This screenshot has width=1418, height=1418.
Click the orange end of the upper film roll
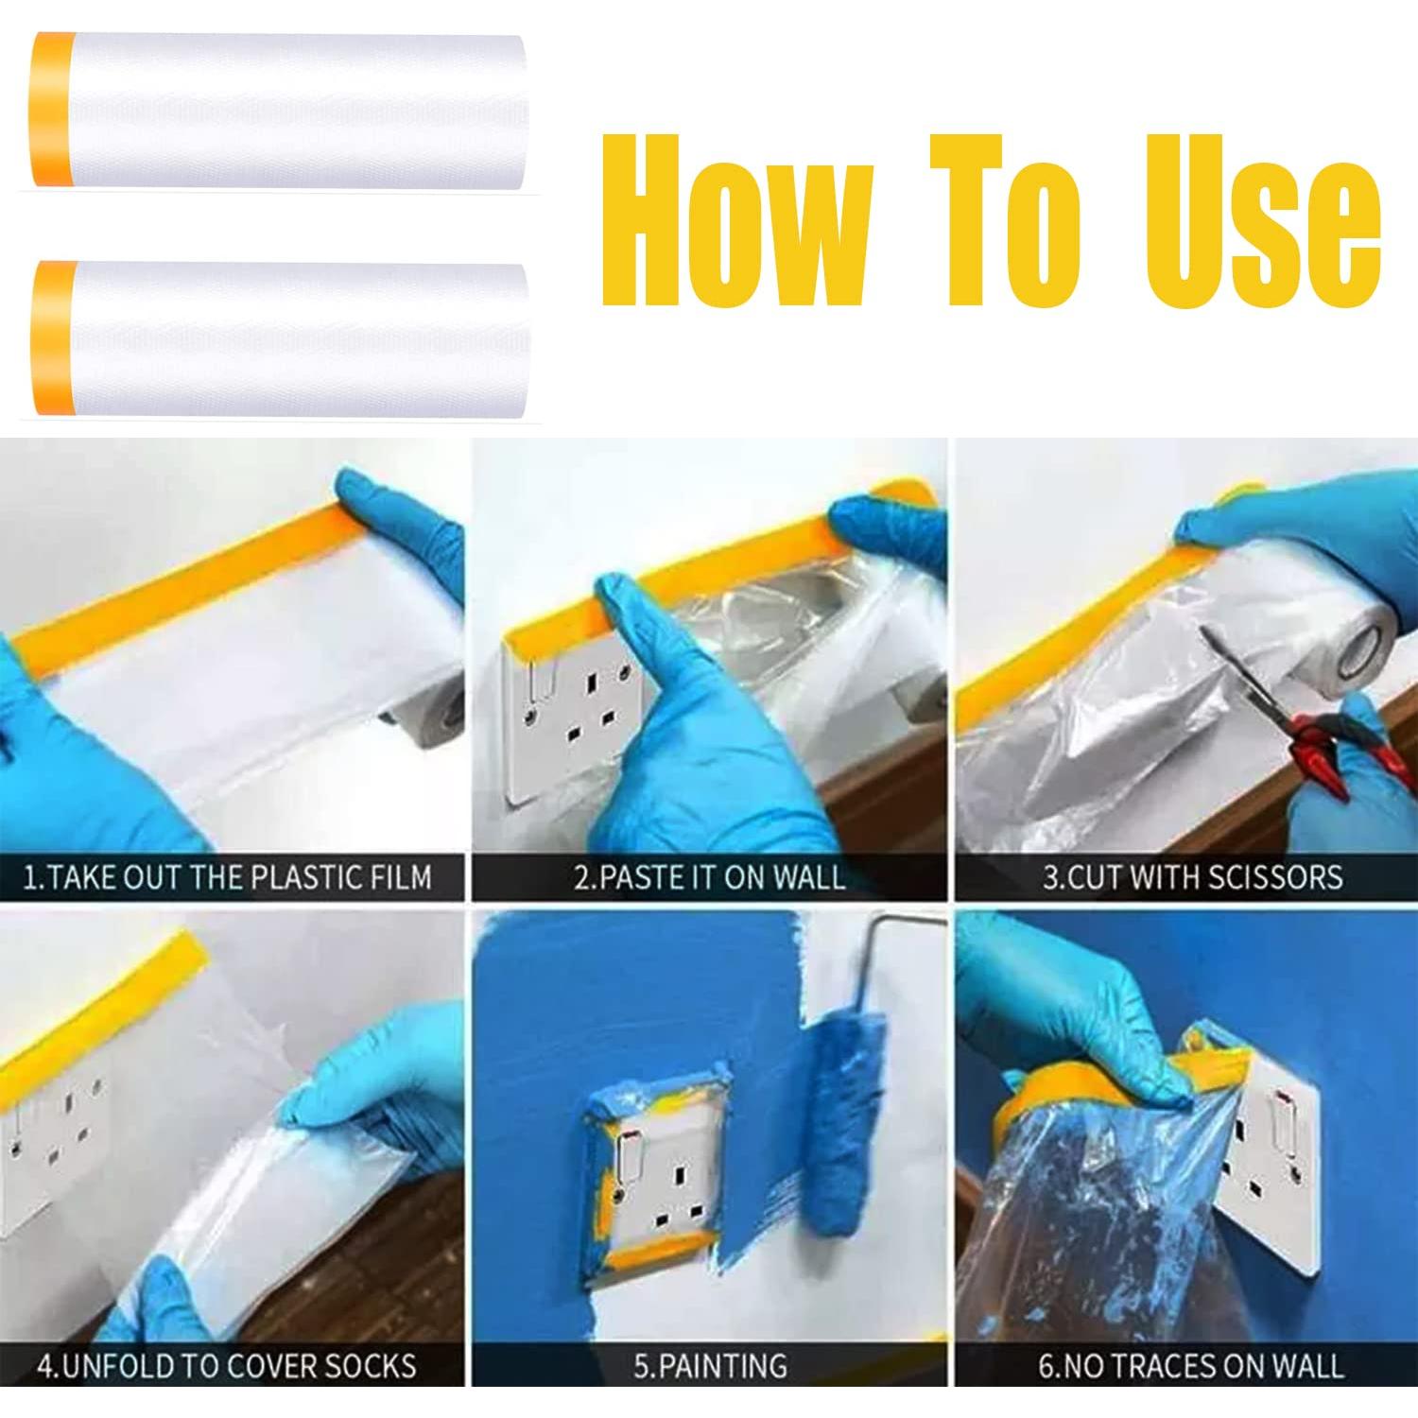point(55,109)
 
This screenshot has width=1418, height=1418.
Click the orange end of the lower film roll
point(55,338)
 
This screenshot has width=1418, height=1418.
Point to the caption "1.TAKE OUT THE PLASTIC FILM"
point(228,877)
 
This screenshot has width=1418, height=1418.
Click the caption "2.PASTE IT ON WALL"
point(710,877)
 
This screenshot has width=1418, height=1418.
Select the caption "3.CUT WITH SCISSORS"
point(1193,877)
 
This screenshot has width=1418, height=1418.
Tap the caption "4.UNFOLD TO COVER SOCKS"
point(227,1366)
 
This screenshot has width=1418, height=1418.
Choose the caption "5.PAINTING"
point(710,1366)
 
